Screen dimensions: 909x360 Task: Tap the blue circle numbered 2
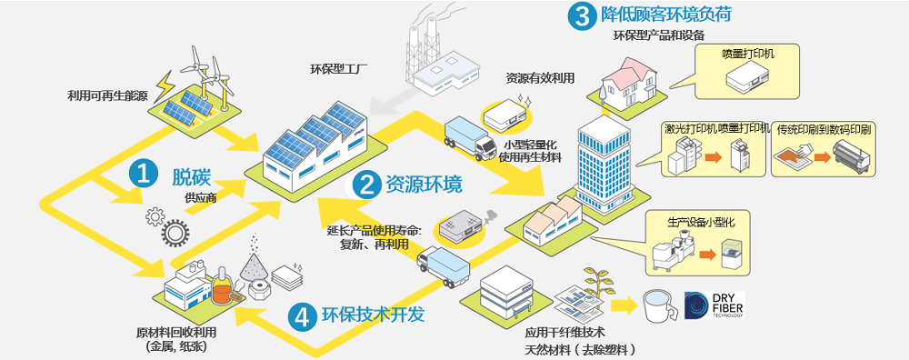click(366, 185)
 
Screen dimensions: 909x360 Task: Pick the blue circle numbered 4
click(302, 315)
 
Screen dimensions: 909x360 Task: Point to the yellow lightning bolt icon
click(166, 84)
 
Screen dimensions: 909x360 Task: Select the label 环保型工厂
click(336, 70)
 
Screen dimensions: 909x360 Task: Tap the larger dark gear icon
click(175, 233)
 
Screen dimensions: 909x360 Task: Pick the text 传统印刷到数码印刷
click(824, 129)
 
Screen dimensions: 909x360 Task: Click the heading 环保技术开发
click(374, 315)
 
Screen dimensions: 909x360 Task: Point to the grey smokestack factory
click(438, 59)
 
